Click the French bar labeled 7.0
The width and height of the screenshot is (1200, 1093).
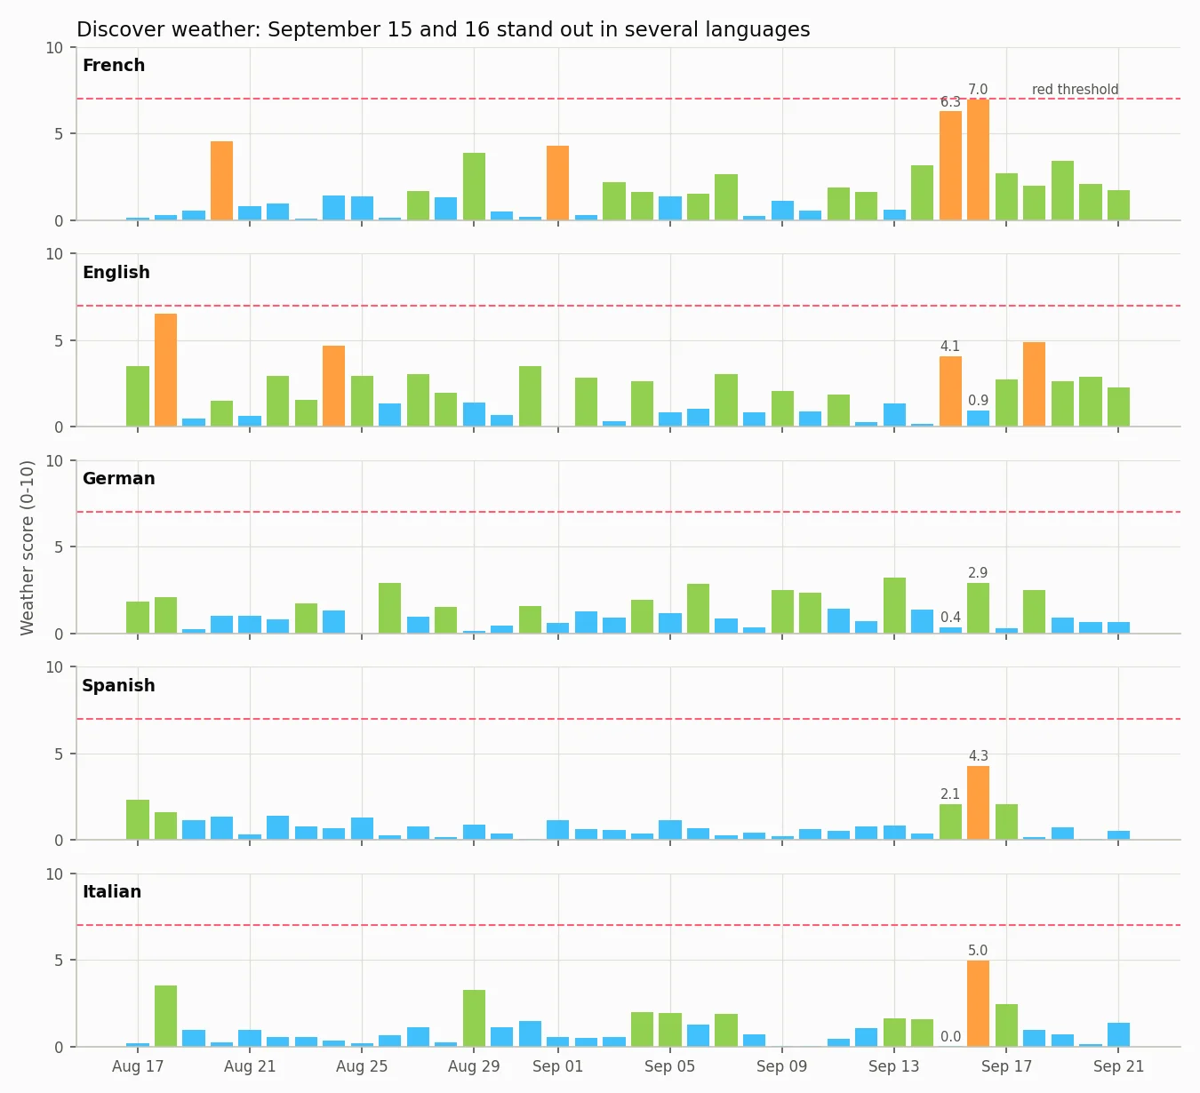point(978,160)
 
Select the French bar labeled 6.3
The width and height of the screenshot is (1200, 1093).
point(950,165)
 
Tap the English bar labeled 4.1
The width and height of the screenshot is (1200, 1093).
point(950,391)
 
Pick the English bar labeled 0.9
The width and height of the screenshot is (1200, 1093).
point(978,419)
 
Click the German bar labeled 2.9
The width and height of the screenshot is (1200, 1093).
point(978,608)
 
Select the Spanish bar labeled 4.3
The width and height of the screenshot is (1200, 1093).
point(978,802)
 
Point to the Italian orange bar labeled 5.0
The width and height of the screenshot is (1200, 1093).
point(978,1004)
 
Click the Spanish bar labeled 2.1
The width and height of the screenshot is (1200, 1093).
point(950,822)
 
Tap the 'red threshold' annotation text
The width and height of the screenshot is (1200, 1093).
point(1075,90)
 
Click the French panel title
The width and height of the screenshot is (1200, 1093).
point(114,65)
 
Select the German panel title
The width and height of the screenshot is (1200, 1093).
point(118,479)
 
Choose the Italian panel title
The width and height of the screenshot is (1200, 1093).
point(112,891)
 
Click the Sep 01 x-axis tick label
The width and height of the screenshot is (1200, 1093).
point(557,1066)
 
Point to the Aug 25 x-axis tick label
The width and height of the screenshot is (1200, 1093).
point(362,1066)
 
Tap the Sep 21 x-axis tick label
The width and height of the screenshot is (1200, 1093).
point(1118,1066)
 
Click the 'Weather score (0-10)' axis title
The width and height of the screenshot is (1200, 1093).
point(27,547)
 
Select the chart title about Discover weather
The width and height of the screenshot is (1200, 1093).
point(444,29)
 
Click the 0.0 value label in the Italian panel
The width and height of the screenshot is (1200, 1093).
point(950,1036)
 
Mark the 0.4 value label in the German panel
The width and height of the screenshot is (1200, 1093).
point(950,617)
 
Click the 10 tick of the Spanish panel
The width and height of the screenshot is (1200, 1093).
point(54,667)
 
